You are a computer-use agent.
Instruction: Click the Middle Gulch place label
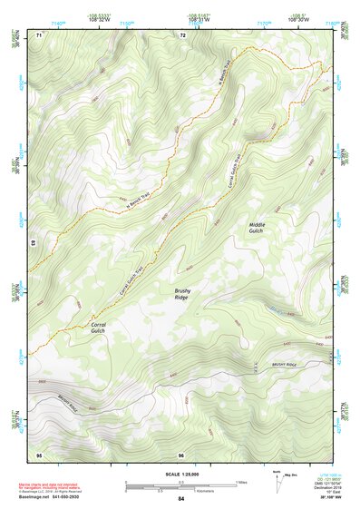pos(258,227)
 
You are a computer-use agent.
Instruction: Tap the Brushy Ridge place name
pos(184,293)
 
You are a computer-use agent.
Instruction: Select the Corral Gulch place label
pos(99,328)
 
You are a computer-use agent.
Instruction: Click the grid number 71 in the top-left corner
pos(39,34)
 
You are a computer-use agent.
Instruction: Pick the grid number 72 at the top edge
pos(183,34)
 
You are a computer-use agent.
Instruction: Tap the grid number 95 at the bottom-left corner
pos(39,454)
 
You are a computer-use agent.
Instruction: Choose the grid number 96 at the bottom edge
pos(182,454)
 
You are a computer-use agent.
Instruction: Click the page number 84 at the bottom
pos(181,499)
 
